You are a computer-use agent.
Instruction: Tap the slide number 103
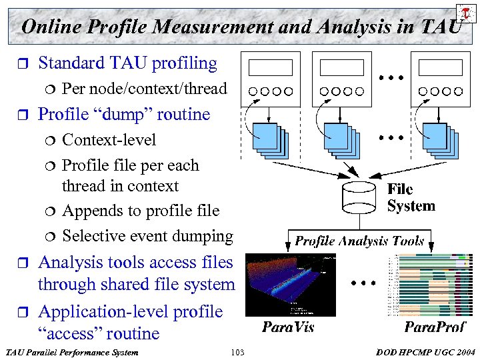point(237,351)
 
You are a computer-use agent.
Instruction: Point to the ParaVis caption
point(288,327)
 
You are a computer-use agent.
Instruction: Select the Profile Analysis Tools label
point(360,241)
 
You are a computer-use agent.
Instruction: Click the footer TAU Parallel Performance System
point(71,351)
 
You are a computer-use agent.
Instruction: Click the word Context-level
point(109,140)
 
